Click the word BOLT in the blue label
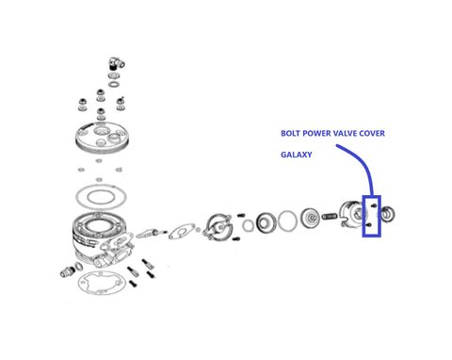pos(290,133)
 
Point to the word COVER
pos(372,133)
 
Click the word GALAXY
pos(297,155)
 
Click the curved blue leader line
pos(364,163)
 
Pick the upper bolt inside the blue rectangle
pos(374,205)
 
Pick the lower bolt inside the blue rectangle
pos(369,225)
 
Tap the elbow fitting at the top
pos(117,63)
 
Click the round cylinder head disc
pos(102,138)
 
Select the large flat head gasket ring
pos(101,197)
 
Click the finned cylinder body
pos(101,237)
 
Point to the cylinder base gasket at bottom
pos(102,284)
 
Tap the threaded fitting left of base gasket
pos(68,271)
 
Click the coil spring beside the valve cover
pos(330,216)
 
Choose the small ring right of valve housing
pos(248,225)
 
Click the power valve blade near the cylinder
pos(148,233)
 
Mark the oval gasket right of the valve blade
pos(182,231)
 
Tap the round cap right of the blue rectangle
pos(388,214)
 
